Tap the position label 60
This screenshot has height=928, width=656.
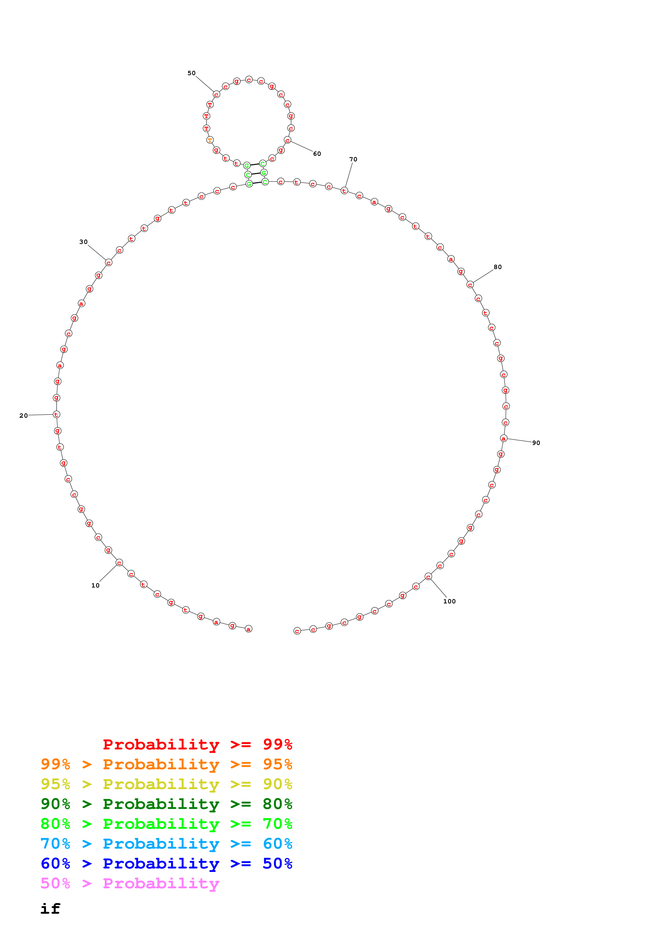tap(317, 154)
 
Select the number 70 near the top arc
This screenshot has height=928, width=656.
tap(353, 159)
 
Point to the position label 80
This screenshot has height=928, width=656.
tap(497, 267)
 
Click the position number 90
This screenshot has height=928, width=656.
tap(536, 443)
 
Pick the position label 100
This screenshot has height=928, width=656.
tap(449, 601)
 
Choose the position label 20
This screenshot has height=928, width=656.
tap(24, 416)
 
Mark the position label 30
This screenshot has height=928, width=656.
tap(83, 242)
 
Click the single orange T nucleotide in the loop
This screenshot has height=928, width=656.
tap(210, 140)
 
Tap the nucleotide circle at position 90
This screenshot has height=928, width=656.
tap(504, 439)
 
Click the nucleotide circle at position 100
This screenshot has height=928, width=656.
tap(428, 577)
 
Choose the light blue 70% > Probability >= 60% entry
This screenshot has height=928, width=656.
tap(166, 844)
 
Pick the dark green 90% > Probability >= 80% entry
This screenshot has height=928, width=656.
tap(166, 804)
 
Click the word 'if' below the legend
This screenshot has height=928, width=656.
tap(51, 909)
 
